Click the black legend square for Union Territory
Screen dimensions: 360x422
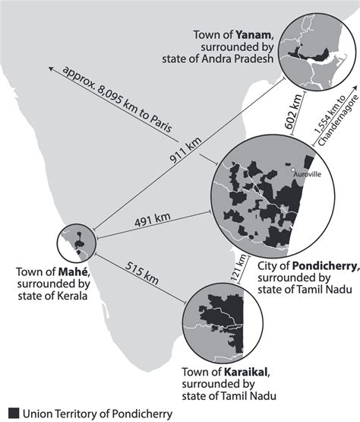tap(11, 413)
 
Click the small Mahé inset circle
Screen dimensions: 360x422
tap(77, 243)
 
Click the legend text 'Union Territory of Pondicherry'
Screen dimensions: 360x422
tap(89, 413)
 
